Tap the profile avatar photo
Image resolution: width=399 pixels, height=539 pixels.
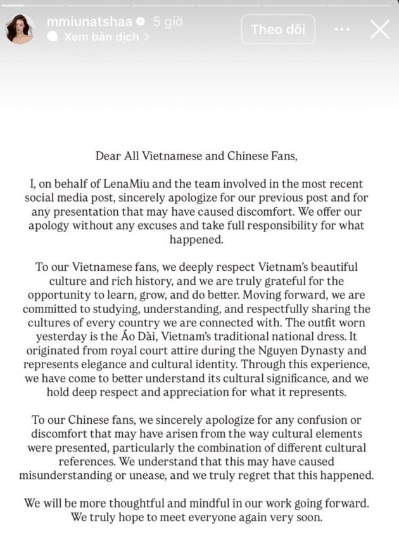click(x=19, y=29)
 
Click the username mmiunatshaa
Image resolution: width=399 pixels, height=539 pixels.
click(x=89, y=22)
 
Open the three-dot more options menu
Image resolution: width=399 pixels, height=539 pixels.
click(x=342, y=29)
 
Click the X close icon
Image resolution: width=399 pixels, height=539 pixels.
click(x=379, y=29)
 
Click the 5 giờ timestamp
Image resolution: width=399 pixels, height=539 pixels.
click(x=167, y=22)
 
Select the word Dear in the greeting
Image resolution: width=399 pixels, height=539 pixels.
click(x=108, y=155)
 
